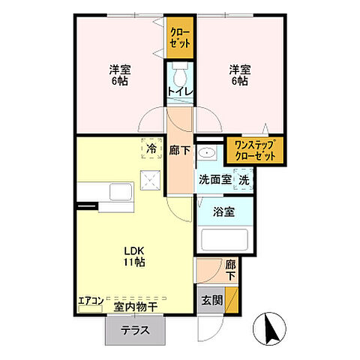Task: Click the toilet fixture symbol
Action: pyautogui.click(x=180, y=74)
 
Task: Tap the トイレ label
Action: pyautogui.click(x=180, y=91)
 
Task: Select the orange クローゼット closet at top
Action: pyautogui.click(x=180, y=37)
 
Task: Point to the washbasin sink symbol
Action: pyautogui.click(x=209, y=155)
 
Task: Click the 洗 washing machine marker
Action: pyautogui.click(x=244, y=180)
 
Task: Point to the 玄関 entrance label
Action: pyautogui.click(x=211, y=300)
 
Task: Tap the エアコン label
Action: pyautogui.click(x=90, y=304)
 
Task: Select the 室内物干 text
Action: pyautogui.click(x=136, y=306)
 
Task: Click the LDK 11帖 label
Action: pyautogui.click(x=134, y=256)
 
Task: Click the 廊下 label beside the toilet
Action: pyautogui.click(x=180, y=151)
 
